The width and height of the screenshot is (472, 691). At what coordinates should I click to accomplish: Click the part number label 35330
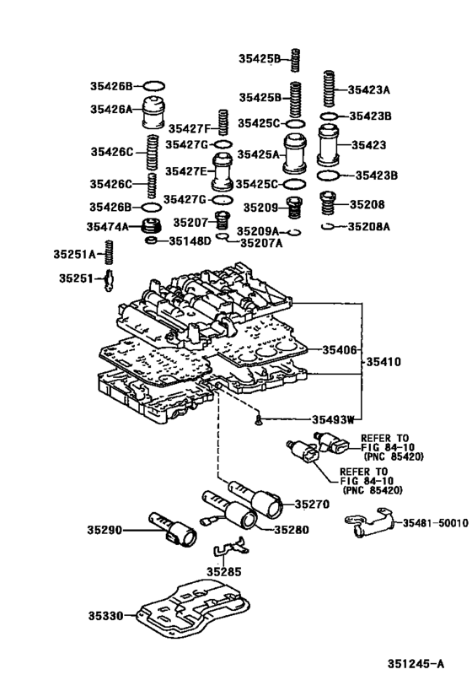coord(105,615)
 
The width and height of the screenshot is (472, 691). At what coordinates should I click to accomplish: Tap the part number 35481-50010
coord(436,523)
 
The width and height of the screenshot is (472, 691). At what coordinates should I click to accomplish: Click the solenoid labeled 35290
coord(173,529)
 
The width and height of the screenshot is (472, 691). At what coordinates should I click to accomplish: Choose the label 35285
coord(224,571)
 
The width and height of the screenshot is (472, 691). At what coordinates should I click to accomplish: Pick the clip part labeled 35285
coord(231,547)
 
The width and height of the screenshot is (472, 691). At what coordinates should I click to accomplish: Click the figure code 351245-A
coord(416,664)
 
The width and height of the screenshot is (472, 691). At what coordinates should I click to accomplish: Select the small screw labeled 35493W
coord(259,420)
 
